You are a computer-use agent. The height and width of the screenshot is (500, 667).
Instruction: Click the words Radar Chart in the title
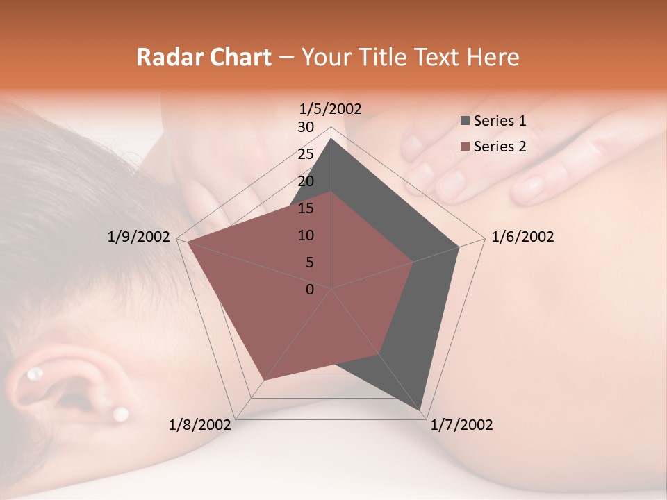(x=204, y=57)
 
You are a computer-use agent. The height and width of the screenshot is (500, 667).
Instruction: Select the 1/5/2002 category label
(x=331, y=109)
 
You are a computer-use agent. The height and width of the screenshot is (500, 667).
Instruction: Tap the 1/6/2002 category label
(x=522, y=237)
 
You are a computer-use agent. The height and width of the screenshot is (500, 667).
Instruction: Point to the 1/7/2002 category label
(x=461, y=425)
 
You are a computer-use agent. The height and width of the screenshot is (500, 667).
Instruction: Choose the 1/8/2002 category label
(x=200, y=425)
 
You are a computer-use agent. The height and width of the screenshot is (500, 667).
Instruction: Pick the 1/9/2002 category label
(x=138, y=237)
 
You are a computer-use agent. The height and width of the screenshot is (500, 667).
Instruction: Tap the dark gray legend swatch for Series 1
(x=465, y=121)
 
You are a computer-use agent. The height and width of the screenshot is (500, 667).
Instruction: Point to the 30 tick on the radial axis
(x=306, y=127)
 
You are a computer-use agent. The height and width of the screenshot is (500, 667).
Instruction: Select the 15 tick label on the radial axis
(x=306, y=208)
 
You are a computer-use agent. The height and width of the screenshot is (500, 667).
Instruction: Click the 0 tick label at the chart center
(x=310, y=290)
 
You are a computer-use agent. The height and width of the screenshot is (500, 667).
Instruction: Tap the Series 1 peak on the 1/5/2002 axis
(x=331, y=139)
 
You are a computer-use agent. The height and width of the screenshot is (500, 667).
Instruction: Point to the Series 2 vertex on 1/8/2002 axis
(x=264, y=380)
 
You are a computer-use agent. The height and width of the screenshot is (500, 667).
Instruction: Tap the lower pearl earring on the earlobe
(x=121, y=414)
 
